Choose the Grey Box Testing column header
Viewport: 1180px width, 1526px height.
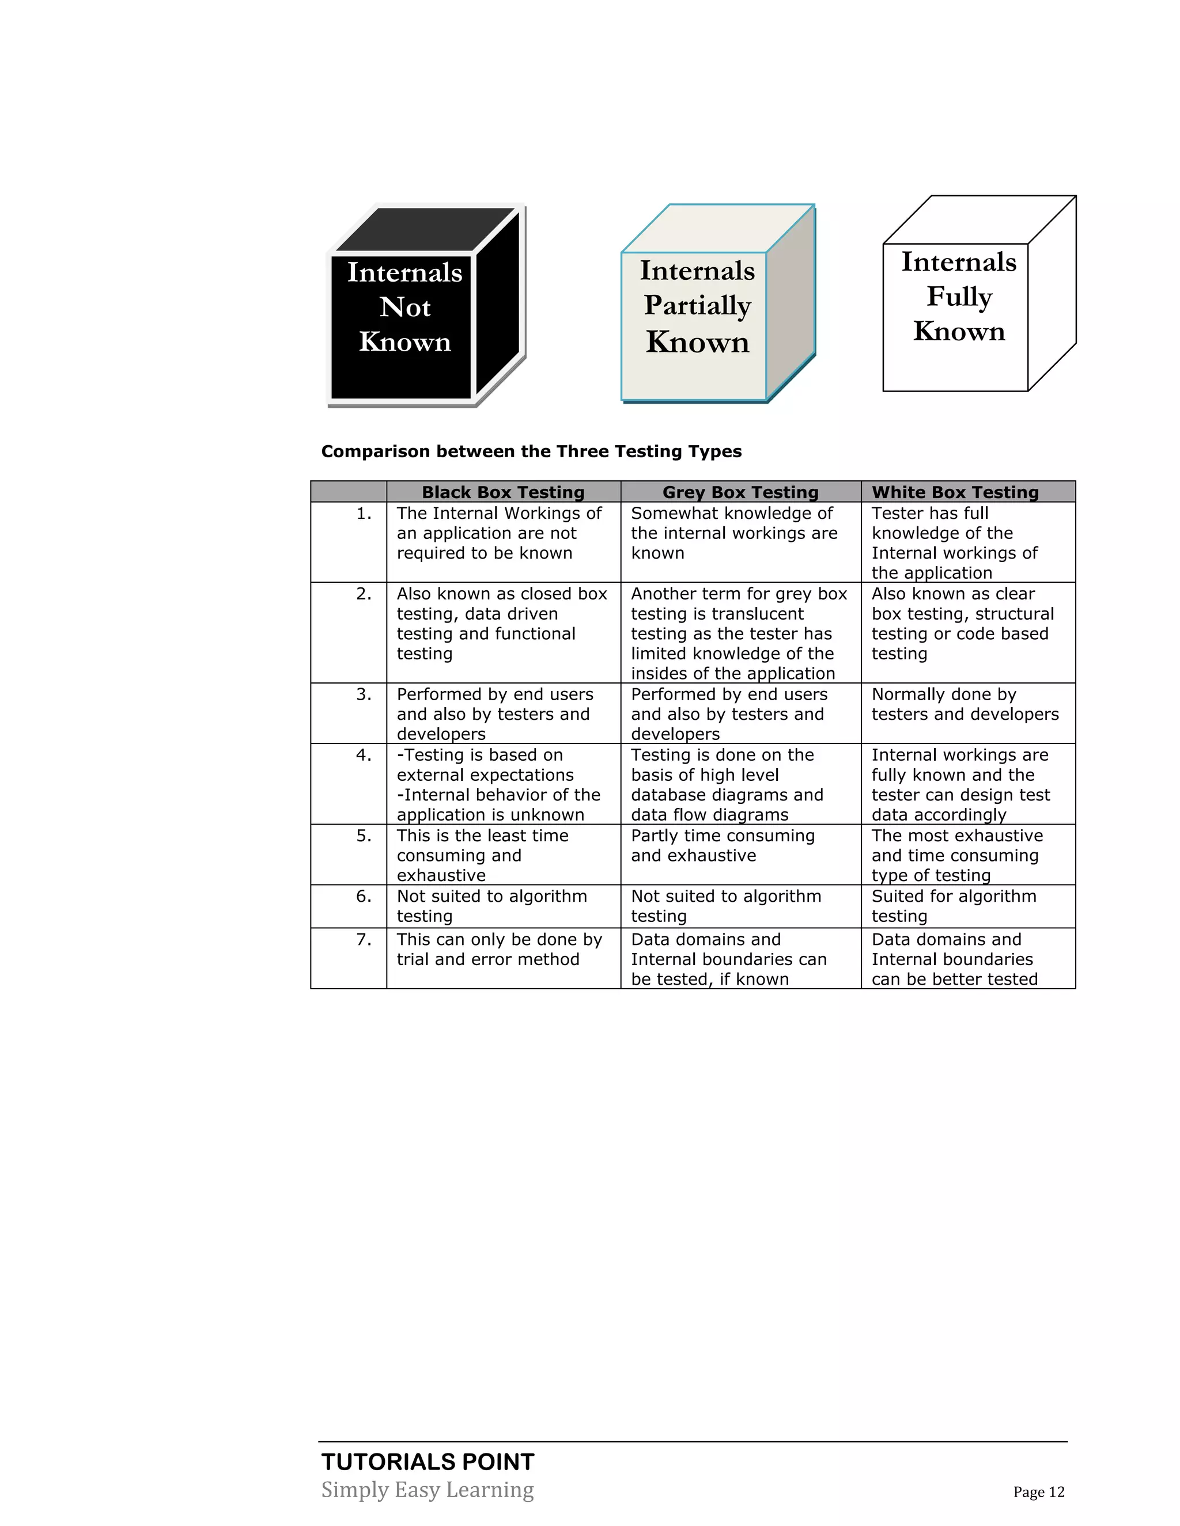[x=740, y=492]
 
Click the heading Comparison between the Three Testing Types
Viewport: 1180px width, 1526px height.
[x=531, y=451]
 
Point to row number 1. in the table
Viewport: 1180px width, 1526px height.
[x=364, y=514]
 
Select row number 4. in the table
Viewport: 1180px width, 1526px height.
[x=364, y=756]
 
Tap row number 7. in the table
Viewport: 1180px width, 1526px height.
[x=364, y=940]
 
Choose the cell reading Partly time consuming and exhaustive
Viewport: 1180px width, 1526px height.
[x=723, y=846]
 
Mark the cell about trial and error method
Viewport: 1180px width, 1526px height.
[x=499, y=950]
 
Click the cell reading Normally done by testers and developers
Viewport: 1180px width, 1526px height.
[x=965, y=704]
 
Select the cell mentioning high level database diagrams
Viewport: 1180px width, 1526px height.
[x=727, y=785]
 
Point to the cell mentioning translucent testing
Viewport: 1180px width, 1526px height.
[x=738, y=633]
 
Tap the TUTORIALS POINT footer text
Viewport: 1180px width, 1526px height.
[x=428, y=1462]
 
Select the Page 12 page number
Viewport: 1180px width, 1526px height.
[x=1039, y=1493]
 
